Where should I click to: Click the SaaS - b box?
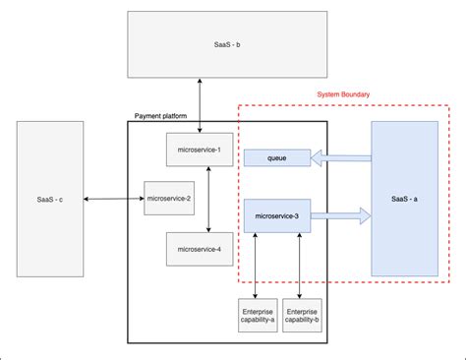click(199, 45)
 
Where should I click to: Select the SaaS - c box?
click(47, 201)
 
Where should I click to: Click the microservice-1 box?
click(199, 150)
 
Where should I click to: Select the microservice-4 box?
click(199, 249)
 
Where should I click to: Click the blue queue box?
click(276, 156)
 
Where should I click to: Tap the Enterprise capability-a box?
click(258, 315)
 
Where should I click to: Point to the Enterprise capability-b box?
click(302, 315)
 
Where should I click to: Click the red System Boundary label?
click(344, 95)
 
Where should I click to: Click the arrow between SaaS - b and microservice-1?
click(200, 105)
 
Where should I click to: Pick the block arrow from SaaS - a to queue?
click(341, 156)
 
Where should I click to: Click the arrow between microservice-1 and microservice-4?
click(209, 199)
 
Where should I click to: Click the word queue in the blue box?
click(276, 156)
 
